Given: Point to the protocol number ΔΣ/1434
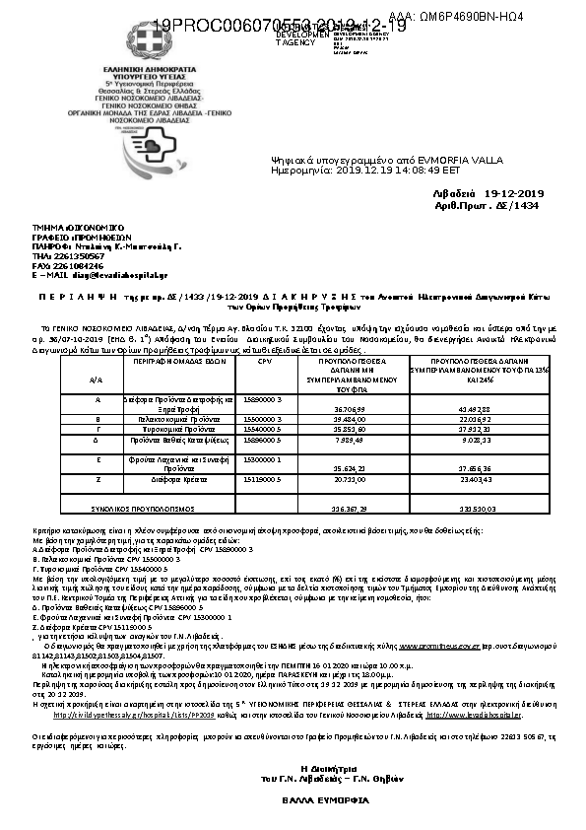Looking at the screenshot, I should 519,207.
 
